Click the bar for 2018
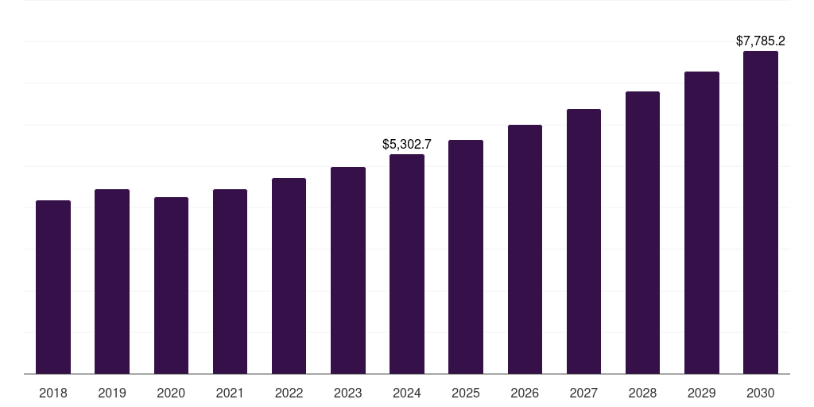(53, 287)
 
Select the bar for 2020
(171, 285)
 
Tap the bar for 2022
(289, 276)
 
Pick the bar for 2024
(407, 264)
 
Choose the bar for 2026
(525, 249)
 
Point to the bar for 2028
(642, 232)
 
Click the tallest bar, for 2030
(761, 212)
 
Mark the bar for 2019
(112, 281)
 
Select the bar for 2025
(466, 257)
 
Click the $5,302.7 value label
(407, 145)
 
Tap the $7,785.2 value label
(761, 41)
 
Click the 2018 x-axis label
(53, 393)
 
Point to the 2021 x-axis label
(230, 393)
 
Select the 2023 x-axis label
(348, 393)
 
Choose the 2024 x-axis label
(407, 393)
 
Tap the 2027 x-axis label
(583, 393)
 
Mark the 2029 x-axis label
(702, 393)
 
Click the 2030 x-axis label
(761, 393)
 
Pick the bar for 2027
(583, 241)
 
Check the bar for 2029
(702, 223)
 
